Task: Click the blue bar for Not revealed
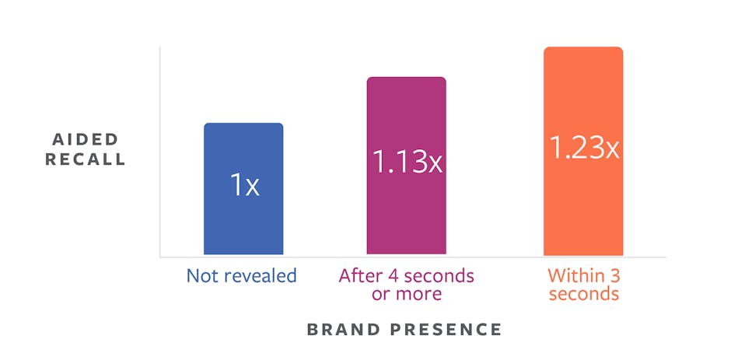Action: [243, 189]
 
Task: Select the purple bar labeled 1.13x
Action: [407, 166]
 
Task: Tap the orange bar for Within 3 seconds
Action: [583, 151]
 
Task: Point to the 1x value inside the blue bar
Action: [244, 185]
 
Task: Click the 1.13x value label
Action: [407, 162]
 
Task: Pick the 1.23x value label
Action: [584, 148]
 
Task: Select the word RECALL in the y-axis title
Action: [86, 159]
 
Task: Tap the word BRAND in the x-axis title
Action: [344, 329]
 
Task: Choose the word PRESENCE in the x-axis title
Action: [446, 329]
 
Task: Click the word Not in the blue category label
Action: [201, 275]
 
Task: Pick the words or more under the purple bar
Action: [406, 295]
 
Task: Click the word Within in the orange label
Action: [571, 275]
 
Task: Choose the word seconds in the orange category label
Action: [584, 294]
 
